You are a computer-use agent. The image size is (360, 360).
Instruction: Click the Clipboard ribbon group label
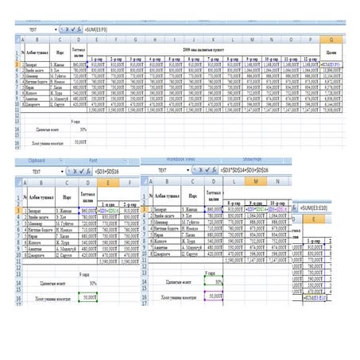click(37, 160)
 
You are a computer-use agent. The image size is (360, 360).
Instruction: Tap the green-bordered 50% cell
click(211, 281)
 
